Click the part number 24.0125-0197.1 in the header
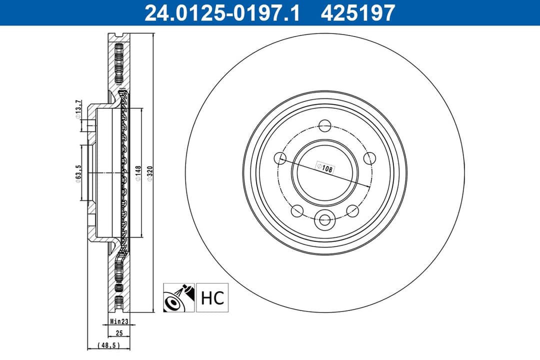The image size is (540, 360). [x=222, y=13]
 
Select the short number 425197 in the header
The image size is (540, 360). [x=358, y=13]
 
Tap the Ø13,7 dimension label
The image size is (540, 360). [x=77, y=110]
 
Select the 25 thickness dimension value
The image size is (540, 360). [x=118, y=333]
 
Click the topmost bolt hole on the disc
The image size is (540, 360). [x=325, y=126]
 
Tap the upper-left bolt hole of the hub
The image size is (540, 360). [x=280, y=158]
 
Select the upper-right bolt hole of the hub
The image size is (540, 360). [x=369, y=158]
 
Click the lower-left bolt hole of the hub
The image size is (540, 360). [x=297, y=210]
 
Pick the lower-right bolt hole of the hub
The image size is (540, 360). [x=352, y=210]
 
